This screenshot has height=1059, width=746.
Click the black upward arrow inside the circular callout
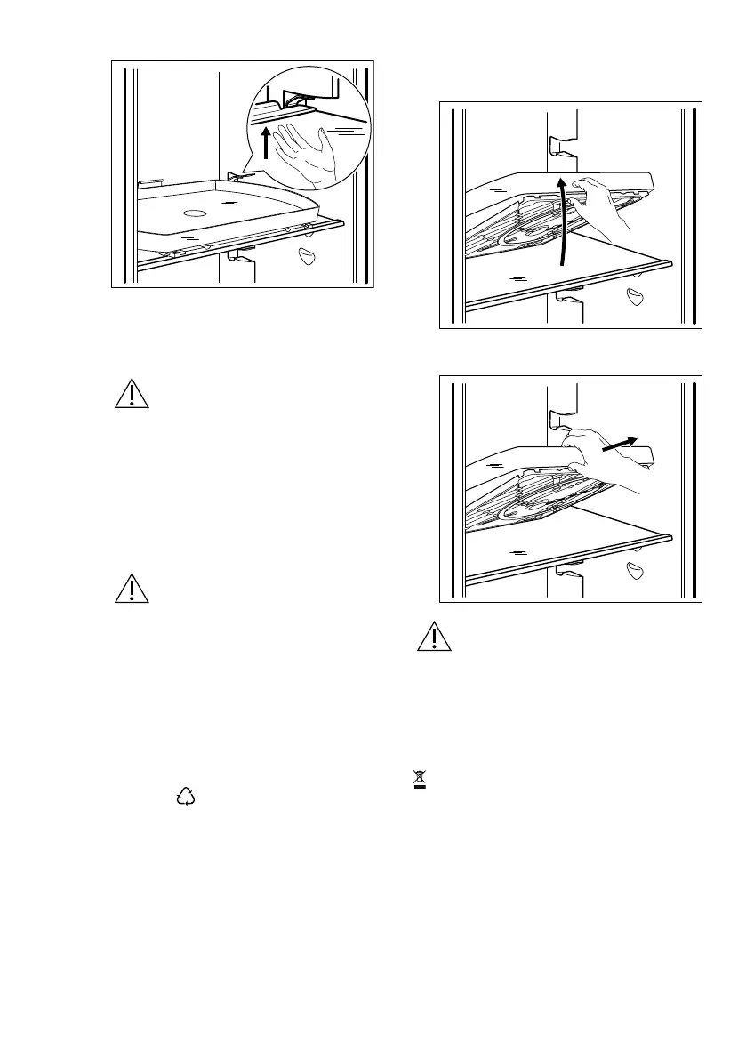pyautogui.click(x=266, y=142)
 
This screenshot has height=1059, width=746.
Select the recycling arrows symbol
pyautogui.click(x=186, y=797)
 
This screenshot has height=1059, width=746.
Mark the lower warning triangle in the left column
pyautogui.click(x=131, y=589)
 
